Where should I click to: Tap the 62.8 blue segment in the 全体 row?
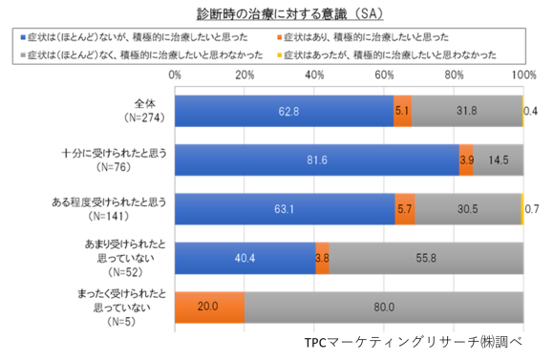point(284,111)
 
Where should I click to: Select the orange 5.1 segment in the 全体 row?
point(402,111)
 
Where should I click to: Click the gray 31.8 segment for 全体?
point(467,111)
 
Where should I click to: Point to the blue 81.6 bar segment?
point(317,159)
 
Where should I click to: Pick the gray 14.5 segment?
point(498,159)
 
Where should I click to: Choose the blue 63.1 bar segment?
point(285,208)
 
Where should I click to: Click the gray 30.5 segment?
point(467,208)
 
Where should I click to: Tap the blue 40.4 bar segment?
point(245,257)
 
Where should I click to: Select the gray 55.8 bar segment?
point(426,257)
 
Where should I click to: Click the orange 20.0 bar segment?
point(209,307)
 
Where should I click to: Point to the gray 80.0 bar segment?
point(383,307)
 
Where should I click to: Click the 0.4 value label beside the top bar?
point(534,111)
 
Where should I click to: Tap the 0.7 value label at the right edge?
point(534,208)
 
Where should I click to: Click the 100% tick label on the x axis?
point(522,74)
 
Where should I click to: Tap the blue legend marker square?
point(26,36)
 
